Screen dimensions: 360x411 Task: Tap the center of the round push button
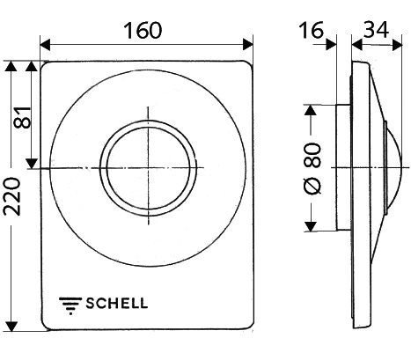click(x=147, y=167)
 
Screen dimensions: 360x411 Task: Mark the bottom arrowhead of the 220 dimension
click(x=11, y=332)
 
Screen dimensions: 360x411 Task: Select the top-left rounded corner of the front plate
click(x=47, y=68)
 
